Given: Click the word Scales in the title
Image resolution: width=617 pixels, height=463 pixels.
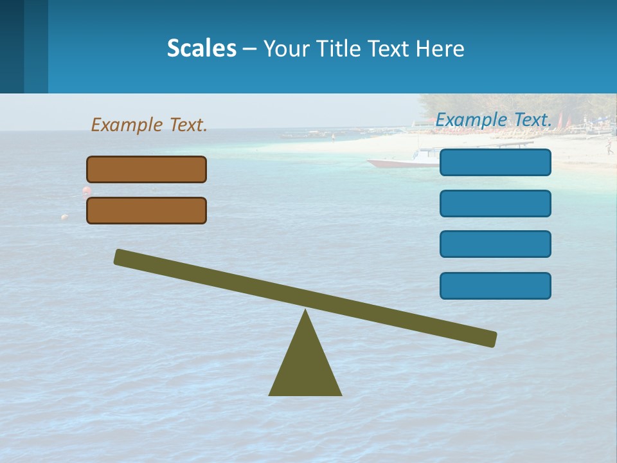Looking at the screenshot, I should tap(201, 49).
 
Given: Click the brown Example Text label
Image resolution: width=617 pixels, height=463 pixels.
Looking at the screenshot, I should tap(149, 125).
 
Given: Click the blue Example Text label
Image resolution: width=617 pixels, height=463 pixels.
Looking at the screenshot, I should tap(494, 120).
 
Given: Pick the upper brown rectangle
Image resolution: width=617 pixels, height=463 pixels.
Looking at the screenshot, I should tap(147, 170).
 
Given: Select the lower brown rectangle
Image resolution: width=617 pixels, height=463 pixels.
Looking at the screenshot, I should tap(147, 211).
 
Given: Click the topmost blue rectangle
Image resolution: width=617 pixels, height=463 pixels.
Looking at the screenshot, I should tap(496, 163).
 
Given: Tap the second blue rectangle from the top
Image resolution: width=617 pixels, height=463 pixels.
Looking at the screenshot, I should tap(496, 204).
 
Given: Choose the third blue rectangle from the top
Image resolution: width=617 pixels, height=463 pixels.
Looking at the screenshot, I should tap(496, 244).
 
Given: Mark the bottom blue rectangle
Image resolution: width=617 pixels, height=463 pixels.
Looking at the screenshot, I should tap(496, 286).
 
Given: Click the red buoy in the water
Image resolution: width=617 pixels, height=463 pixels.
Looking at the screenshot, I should tap(86, 190).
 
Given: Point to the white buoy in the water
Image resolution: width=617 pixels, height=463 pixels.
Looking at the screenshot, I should tap(64, 217).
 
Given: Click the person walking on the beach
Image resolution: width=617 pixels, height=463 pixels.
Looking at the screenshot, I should tap(608, 149).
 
